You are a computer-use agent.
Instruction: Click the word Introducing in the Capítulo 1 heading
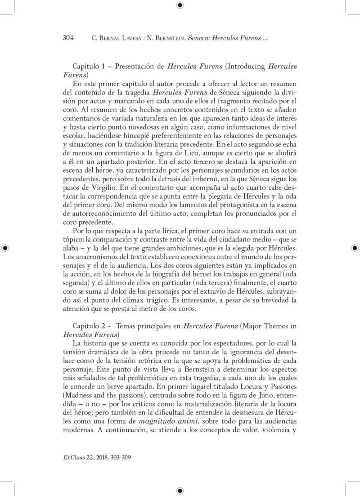tap(247, 66)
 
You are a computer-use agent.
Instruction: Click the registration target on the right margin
tap(354, 248)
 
